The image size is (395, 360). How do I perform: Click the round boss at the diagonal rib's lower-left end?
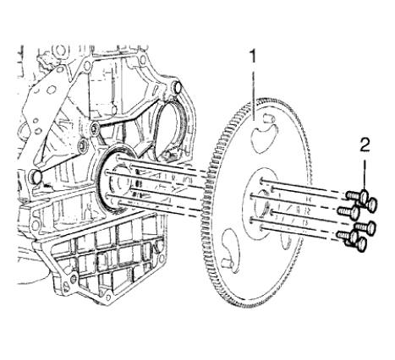pyautogui.click(x=38, y=178)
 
